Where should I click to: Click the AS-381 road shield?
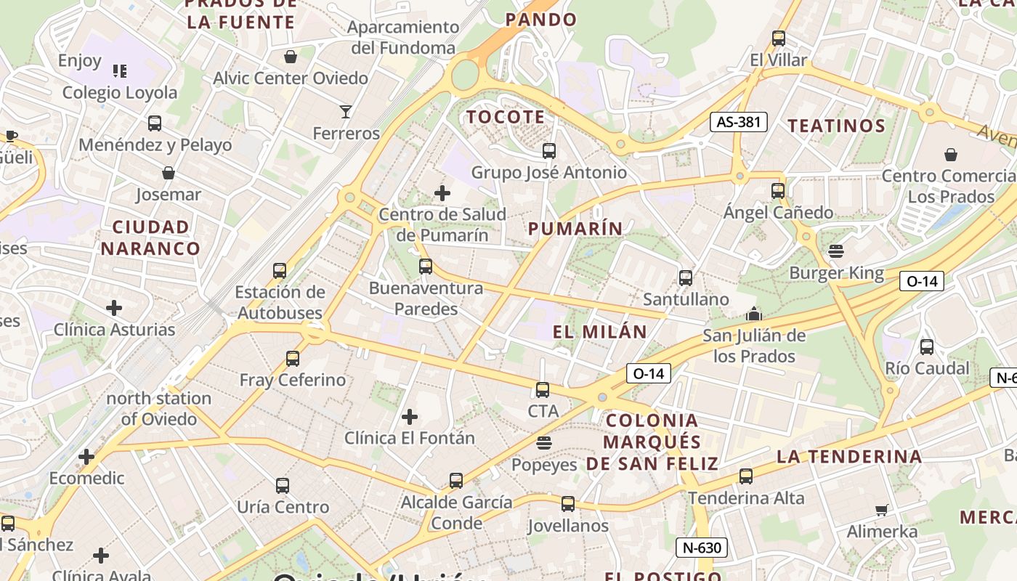click(x=738, y=122)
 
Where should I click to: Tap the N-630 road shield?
click(x=702, y=548)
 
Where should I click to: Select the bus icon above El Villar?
click(x=779, y=38)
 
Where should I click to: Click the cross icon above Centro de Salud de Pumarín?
click(x=442, y=193)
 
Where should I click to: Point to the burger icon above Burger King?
click(x=836, y=251)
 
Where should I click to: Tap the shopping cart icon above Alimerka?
click(x=882, y=510)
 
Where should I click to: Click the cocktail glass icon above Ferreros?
click(x=346, y=112)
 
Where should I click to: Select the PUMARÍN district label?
click(x=575, y=229)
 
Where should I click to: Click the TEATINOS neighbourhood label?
click(x=837, y=126)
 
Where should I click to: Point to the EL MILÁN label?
click(x=599, y=332)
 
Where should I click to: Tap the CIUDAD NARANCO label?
click(x=150, y=237)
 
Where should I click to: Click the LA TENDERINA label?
click(x=849, y=457)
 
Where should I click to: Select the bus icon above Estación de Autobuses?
click(x=280, y=271)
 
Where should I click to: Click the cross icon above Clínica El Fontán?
click(x=410, y=417)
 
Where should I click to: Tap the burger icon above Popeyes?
click(x=544, y=443)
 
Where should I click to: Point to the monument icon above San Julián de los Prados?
click(x=754, y=314)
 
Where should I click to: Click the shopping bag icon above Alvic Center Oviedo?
click(x=291, y=57)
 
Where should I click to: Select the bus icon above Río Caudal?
click(x=927, y=347)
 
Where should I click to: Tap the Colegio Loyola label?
click(x=120, y=92)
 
